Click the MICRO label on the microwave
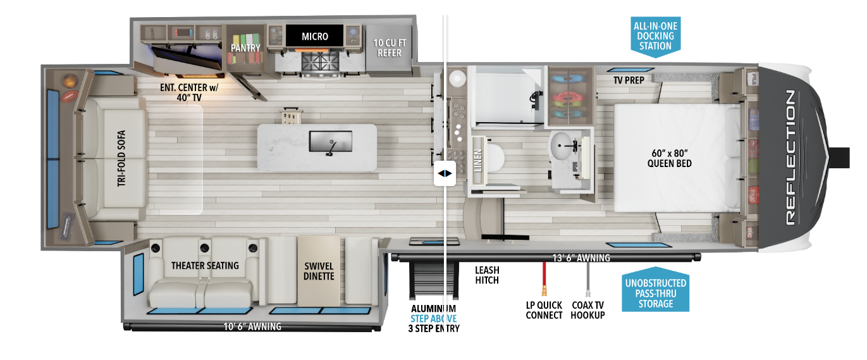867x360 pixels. [x=314, y=36]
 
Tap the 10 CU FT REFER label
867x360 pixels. [x=390, y=47]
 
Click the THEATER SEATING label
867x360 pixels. [x=205, y=265]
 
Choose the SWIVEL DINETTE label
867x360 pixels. [x=318, y=271]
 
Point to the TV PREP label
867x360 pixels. [x=629, y=80]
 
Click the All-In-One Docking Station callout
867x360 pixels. [x=655, y=37]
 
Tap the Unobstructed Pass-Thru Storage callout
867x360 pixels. [x=654, y=293]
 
